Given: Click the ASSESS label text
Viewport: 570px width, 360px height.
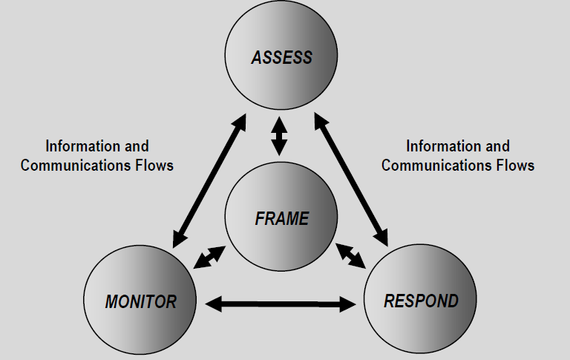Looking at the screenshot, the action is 282,57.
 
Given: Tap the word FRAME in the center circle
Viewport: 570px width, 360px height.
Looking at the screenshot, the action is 282,218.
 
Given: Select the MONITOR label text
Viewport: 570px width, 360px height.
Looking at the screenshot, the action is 141,302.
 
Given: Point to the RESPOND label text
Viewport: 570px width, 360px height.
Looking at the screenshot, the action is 421,301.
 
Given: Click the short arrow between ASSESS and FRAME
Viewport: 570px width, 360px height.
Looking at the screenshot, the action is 279,136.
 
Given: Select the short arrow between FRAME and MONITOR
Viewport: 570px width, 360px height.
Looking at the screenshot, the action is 209,258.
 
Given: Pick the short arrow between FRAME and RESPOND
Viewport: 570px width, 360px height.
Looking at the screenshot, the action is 351,256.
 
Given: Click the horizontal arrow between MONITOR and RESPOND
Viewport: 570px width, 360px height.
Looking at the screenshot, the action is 281,304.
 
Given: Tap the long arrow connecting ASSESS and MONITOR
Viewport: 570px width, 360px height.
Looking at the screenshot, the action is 209,180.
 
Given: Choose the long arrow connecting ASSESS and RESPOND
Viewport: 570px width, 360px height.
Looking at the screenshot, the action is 351,180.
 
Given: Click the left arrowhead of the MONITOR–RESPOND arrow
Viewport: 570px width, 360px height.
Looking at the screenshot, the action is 214,304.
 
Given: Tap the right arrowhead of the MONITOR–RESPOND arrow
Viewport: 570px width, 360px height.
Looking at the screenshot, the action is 348,304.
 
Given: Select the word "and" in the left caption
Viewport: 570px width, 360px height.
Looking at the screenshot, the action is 137,146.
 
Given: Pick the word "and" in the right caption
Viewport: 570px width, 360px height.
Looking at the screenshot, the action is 498,146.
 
